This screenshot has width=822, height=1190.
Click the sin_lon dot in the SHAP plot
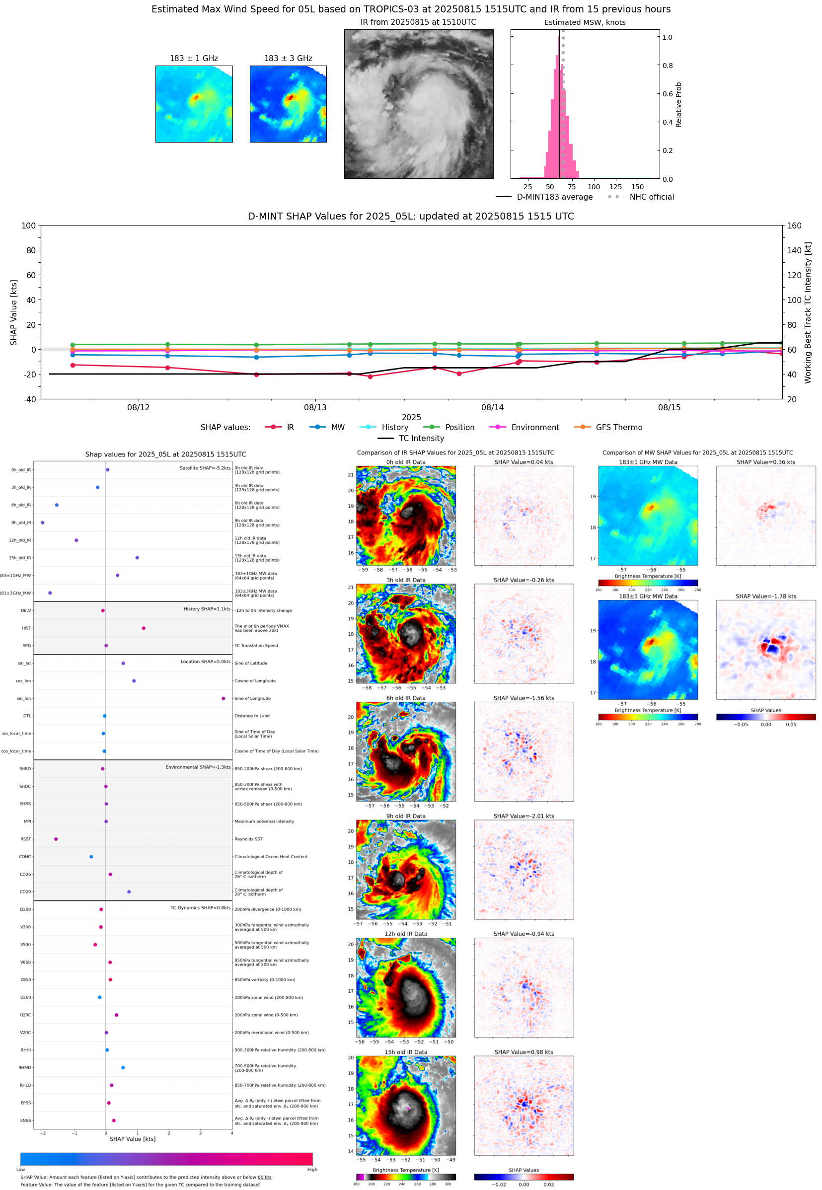(223, 698)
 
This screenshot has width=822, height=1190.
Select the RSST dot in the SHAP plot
(56, 839)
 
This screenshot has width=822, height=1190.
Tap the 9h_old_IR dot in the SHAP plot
(43, 522)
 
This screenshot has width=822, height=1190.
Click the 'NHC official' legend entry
(651, 197)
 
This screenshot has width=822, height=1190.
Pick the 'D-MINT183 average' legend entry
(554, 197)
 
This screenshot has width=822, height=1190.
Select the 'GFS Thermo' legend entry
(618, 428)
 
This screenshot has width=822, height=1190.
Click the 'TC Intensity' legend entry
(421, 438)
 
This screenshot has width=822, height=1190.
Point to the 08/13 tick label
(315, 407)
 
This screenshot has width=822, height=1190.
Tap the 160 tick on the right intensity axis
(794, 225)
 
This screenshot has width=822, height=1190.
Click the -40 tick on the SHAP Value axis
(29, 399)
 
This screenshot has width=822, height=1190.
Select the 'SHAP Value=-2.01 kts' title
(523, 816)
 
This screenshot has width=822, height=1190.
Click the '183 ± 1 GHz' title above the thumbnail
(194, 59)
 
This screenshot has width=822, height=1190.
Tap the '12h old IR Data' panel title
(406, 934)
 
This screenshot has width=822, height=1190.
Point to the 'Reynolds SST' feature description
(248, 839)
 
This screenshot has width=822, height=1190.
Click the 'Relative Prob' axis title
(678, 104)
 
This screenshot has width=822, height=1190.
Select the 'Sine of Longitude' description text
(252, 698)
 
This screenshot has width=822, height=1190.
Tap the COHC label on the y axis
(25, 857)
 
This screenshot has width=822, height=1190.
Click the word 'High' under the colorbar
(312, 1170)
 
